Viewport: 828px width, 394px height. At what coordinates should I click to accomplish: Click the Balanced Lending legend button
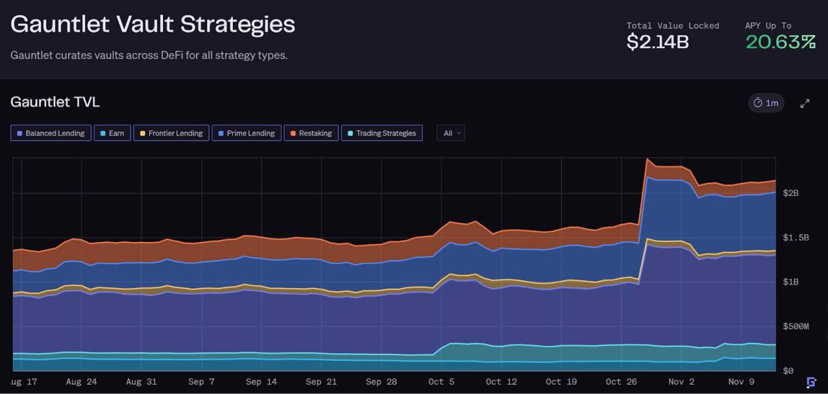tap(50, 133)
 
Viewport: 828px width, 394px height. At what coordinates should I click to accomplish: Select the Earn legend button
tap(111, 133)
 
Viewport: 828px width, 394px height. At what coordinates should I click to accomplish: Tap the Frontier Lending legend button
tap(171, 133)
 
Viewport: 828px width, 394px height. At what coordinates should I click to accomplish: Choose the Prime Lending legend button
tap(246, 133)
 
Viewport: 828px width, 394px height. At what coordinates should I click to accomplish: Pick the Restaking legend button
tap(310, 133)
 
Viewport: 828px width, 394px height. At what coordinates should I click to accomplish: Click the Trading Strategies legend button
tap(381, 133)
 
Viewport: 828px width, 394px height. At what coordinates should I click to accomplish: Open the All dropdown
tap(450, 133)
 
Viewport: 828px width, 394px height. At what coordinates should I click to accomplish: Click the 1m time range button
tap(766, 103)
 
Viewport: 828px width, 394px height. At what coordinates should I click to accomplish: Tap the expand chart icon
tap(805, 104)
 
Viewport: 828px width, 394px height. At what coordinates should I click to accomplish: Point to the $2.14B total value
tap(657, 42)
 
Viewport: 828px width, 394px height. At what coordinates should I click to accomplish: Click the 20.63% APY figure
tap(780, 42)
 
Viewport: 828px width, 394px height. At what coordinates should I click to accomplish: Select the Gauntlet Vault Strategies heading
tap(153, 25)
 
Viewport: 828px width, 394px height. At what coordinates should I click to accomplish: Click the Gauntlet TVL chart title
tap(55, 102)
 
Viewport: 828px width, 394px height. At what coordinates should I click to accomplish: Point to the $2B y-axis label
tap(790, 193)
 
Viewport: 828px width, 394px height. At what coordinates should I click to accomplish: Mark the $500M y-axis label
tap(796, 326)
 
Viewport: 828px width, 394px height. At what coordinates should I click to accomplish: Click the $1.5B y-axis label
tap(796, 237)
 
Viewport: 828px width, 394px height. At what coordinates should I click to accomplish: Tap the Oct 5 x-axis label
tap(441, 382)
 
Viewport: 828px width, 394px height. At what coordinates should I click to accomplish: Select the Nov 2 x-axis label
tap(681, 382)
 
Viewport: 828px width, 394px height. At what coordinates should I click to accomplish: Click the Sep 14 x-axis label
tap(261, 382)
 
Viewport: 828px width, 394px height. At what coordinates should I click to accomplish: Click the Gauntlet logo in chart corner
tap(811, 382)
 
